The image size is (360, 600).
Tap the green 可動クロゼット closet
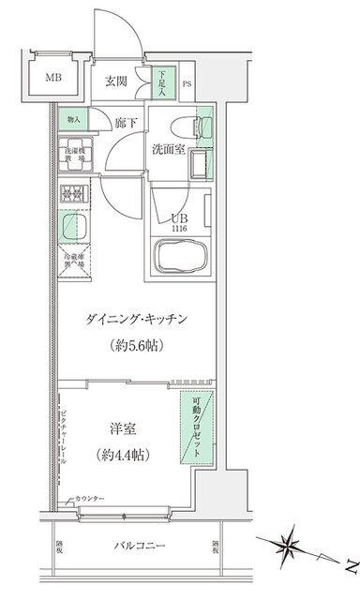point(196,426)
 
